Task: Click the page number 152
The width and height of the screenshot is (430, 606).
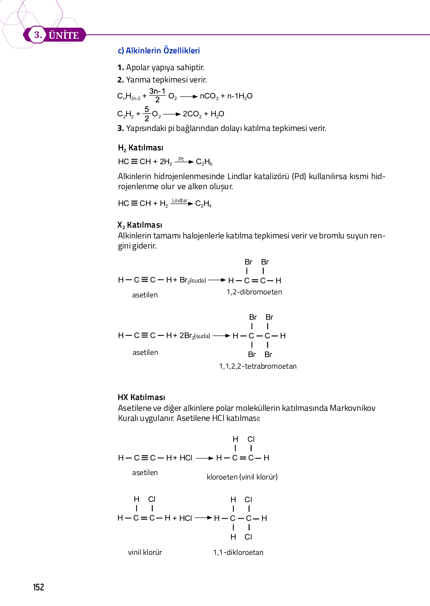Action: click(x=38, y=587)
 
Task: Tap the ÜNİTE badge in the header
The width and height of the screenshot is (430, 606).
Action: click(x=63, y=35)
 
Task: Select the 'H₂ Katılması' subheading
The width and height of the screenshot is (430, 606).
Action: click(x=140, y=148)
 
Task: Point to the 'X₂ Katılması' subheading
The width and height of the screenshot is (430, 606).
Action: click(x=140, y=225)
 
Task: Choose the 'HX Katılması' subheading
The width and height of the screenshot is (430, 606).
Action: click(x=141, y=397)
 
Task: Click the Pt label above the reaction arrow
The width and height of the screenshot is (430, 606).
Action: click(x=181, y=159)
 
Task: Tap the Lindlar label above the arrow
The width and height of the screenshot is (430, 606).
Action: click(x=180, y=200)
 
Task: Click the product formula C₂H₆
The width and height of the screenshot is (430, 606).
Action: click(x=204, y=162)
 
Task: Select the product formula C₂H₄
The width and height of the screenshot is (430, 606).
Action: click(x=203, y=204)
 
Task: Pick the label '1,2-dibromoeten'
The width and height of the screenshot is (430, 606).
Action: click(x=254, y=292)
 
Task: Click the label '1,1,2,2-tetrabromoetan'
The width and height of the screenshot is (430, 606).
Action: click(x=258, y=366)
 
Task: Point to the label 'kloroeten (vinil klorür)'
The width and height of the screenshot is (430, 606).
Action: click(x=242, y=477)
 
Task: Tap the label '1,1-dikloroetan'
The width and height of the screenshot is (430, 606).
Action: click(x=238, y=552)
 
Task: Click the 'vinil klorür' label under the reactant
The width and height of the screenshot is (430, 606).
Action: click(x=145, y=552)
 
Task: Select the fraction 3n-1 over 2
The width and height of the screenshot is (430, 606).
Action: click(x=157, y=96)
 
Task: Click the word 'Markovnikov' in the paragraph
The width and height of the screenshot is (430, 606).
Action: click(x=352, y=408)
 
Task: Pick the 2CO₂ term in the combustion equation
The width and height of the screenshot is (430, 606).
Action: click(x=192, y=114)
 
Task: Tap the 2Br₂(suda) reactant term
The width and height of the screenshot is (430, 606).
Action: click(x=194, y=335)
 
